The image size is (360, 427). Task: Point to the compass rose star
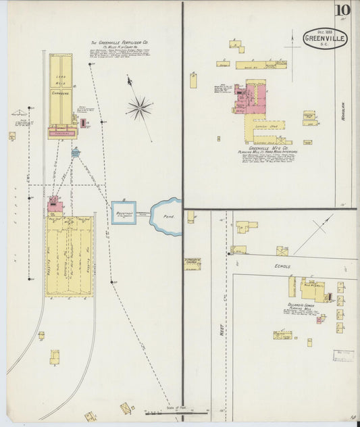pyautogui.click(x=139, y=107)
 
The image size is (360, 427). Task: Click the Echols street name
pyautogui.click(x=283, y=266)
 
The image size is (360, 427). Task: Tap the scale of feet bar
pyautogui.click(x=177, y=411)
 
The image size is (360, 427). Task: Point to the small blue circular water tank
pyautogui.click(x=75, y=152)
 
